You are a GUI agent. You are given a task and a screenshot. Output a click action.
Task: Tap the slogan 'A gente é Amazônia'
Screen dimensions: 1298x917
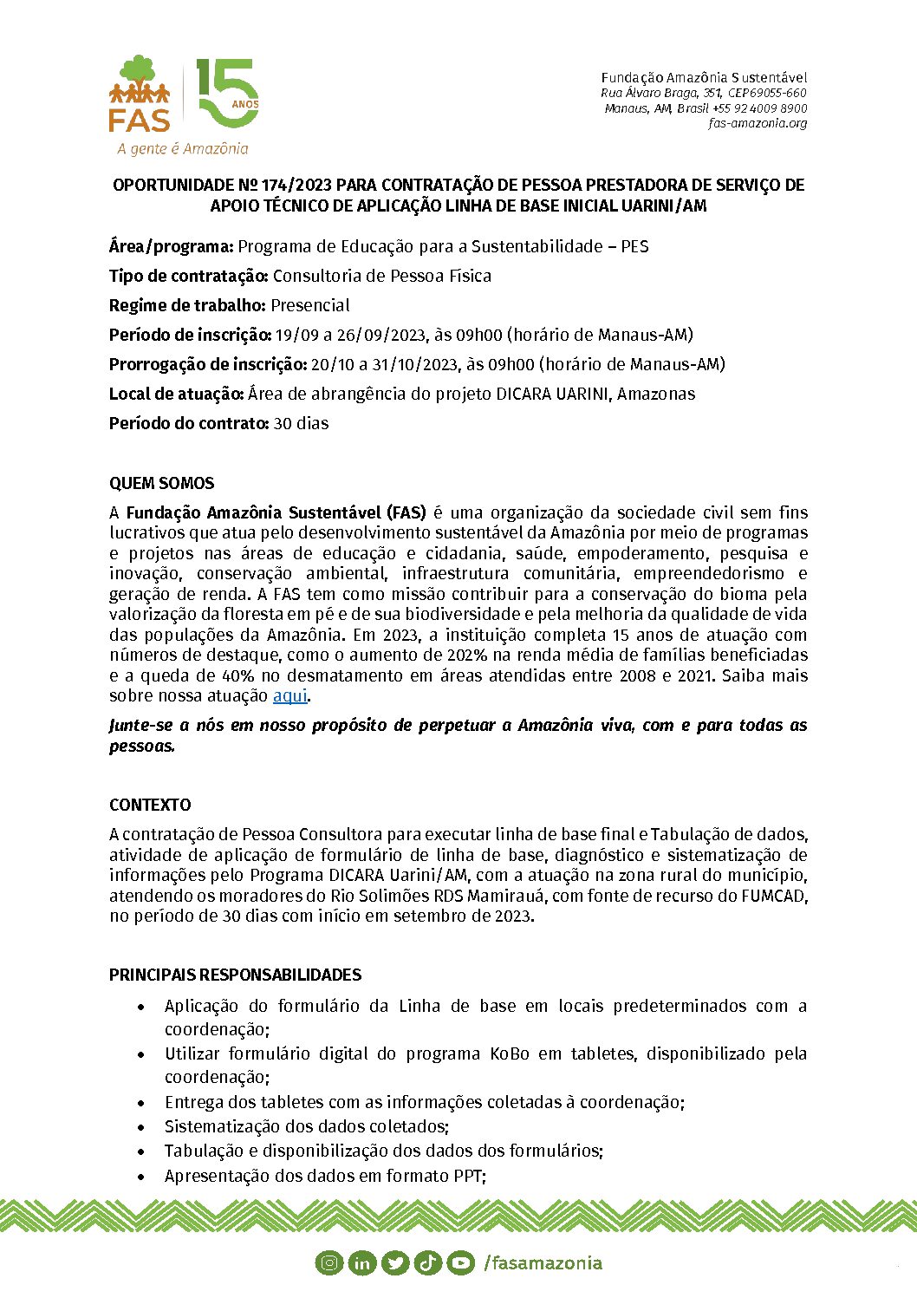coord(183,149)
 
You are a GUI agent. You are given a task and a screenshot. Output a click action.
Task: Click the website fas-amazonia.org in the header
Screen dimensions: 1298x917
coord(758,123)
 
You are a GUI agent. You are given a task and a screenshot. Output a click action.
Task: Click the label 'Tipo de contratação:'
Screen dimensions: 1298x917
coord(188,276)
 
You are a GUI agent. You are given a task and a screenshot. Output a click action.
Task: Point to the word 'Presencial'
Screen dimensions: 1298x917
coord(310,305)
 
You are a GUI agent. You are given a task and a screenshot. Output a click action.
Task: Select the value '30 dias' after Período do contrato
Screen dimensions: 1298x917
coord(301,423)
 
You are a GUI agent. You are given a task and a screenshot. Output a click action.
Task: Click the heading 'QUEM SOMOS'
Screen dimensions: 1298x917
coord(161,483)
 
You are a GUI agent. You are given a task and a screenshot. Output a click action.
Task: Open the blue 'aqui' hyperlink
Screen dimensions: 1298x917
coord(289,695)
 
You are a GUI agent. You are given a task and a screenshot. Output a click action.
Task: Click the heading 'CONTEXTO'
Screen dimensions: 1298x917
coord(150,805)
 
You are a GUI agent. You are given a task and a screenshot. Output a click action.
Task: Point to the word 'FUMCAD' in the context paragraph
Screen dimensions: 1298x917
coord(774,896)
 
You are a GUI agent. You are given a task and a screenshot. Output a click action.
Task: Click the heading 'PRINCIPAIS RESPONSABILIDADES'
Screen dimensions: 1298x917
coord(235,975)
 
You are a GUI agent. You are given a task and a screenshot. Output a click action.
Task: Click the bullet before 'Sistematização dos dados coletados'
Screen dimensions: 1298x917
coord(141,1127)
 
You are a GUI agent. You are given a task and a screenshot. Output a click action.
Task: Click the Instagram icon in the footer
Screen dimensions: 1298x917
coord(329,1262)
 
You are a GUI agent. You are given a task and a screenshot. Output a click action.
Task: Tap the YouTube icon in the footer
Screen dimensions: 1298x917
coord(461,1262)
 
